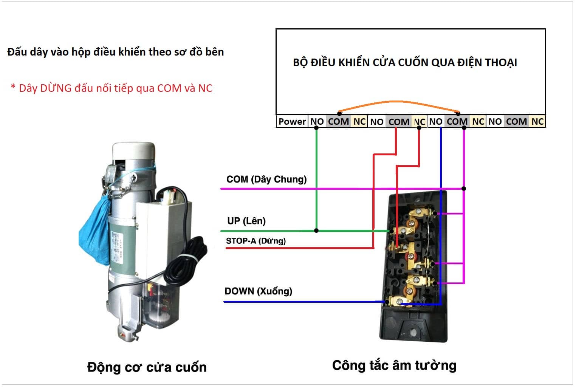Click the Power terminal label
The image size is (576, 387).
[292, 121]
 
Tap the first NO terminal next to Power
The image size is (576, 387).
[317, 121]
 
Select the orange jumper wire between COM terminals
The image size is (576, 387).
[397, 102]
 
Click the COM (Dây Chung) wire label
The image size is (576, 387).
[266, 179]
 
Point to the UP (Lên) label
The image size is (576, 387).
[246, 221]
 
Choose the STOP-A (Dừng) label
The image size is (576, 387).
[255, 241]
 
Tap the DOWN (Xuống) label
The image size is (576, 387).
[258, 291]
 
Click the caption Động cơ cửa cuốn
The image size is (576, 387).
[147, 367]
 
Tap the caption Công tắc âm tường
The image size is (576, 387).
[394, 365]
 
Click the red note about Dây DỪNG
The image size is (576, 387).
[111, 88]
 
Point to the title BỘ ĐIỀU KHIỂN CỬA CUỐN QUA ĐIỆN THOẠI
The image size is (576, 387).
[405, 62]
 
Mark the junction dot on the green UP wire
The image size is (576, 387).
[316, 231]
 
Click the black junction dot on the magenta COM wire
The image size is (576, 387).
[464, 188]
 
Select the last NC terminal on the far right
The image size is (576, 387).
[537, 121]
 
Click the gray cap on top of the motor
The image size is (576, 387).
[133, 151]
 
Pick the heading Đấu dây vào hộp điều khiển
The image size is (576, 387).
[116, 52]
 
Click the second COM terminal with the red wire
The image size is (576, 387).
[398, 122]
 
